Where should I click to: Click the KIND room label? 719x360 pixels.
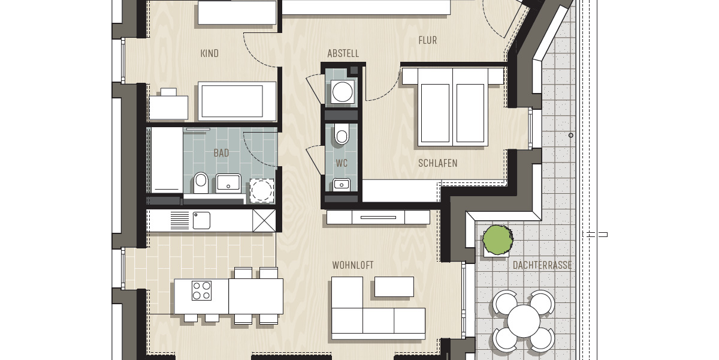click(x=209, y=53)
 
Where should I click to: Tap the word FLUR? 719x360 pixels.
click(x=427, y=40)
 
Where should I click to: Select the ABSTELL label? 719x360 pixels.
click(x=343, y=53)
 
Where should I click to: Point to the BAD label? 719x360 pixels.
click(x=221, y=153)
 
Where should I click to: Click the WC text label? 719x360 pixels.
click(x=342, y=163)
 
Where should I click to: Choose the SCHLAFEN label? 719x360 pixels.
click(x=438, y=163)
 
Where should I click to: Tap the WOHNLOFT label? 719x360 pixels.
click(x=353, y=265)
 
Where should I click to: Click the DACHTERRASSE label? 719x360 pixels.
click(x=542, y=265)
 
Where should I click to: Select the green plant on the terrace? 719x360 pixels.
click(x=498, y=239)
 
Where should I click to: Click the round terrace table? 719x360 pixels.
click(x=523, y=321)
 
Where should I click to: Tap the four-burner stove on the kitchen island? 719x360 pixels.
click(x=201, y=290)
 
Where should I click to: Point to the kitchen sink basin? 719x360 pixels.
click(x=201, y=220)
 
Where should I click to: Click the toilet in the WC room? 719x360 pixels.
click(x=342, y=136)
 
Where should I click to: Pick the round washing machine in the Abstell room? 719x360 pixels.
click(x=342, y=92)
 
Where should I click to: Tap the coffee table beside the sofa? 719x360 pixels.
click(x=394, y=286)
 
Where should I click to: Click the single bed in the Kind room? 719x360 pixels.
click(x=231, y=101)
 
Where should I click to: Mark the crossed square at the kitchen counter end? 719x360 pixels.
click(x=264, y=220)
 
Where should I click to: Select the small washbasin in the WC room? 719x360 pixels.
click(x=342, y=184)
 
